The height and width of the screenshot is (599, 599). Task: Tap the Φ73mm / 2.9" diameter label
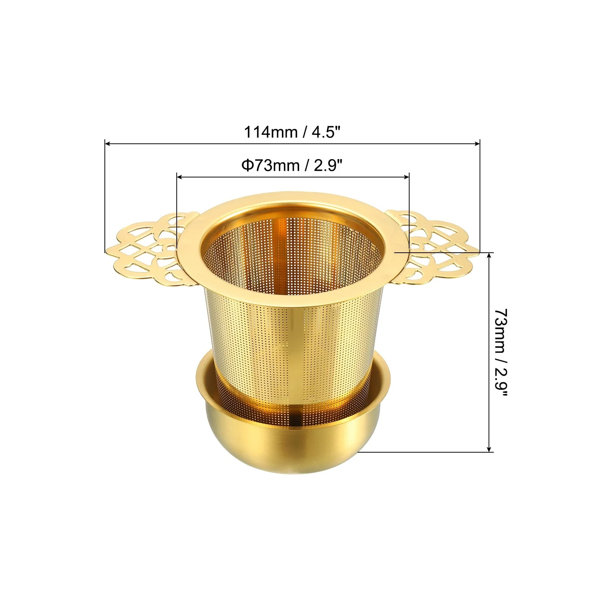292,165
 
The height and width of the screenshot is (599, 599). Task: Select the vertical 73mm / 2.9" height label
501,352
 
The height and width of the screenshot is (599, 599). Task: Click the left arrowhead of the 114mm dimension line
107,143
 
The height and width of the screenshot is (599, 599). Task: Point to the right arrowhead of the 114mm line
477,143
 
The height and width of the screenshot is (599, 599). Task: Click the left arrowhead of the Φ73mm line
179,177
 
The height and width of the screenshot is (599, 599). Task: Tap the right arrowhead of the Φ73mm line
407,177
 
